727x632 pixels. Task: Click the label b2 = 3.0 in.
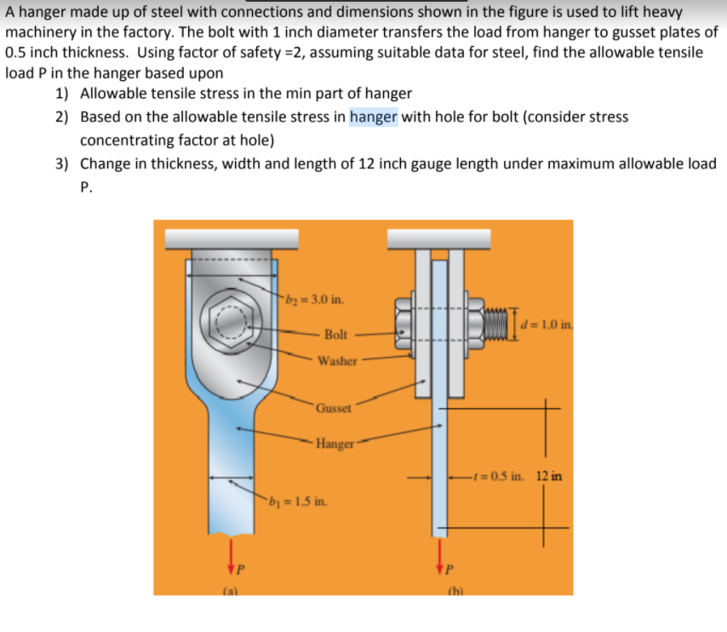315,300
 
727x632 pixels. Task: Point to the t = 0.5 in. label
500,476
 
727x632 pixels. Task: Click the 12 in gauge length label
549,476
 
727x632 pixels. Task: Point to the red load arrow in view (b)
439,553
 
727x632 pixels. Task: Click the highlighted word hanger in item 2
373,118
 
